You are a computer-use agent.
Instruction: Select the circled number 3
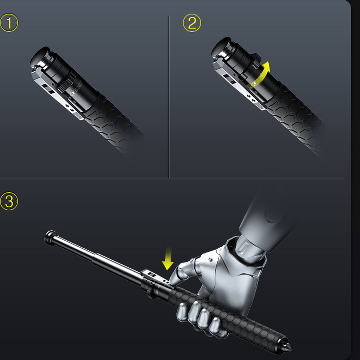tap(9, 201)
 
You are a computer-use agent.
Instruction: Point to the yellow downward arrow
tap(168, 258)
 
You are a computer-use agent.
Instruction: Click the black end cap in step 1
tap(38, 56)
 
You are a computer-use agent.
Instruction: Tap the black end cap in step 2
tap(220, 47)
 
